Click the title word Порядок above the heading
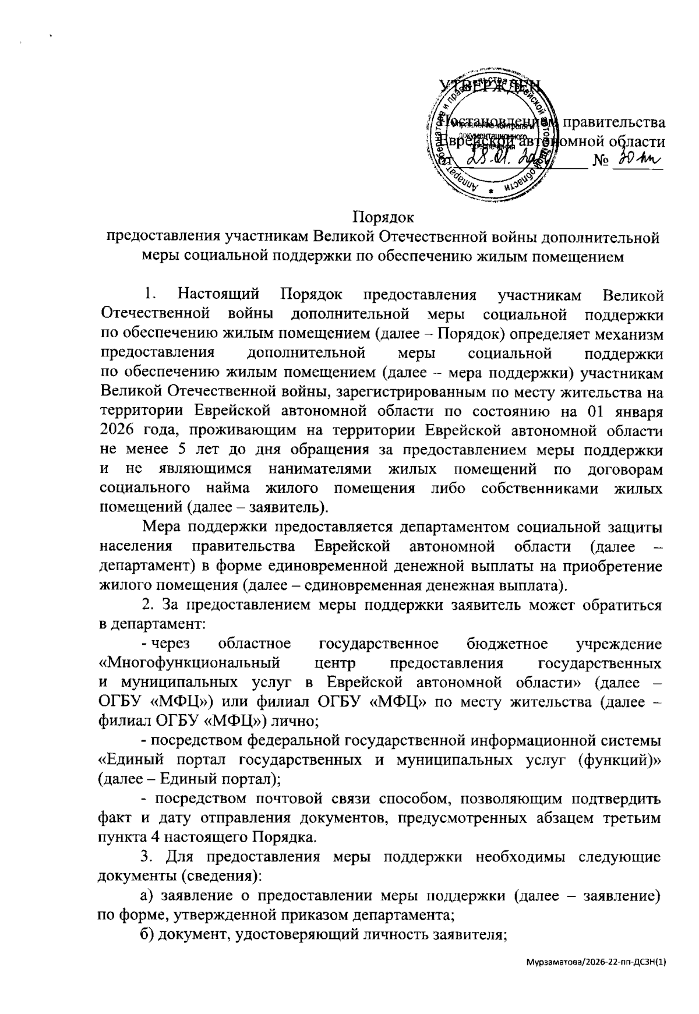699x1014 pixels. pos(383,218)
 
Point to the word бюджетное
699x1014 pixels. pos(506,644)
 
